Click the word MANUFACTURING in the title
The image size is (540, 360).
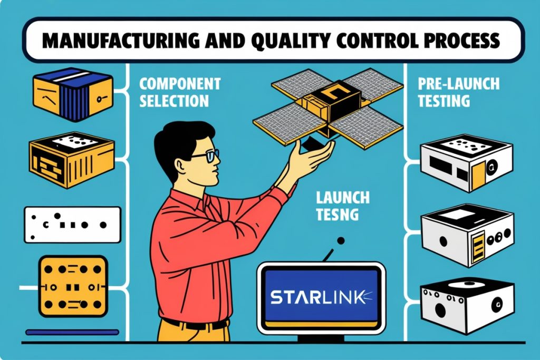point(121,41)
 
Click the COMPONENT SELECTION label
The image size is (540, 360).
point(179,92)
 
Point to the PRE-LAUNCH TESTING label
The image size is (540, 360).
point(458,92)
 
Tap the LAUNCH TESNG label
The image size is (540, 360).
point(343,206)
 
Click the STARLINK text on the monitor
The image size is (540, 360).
point(317,297)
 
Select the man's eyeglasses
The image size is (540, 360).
point(206,156)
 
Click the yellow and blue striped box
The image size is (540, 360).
point(73,94)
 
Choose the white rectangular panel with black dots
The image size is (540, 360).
point(72,225)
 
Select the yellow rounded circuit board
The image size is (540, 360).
point(73,286)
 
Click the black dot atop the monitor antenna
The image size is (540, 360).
point(341,240)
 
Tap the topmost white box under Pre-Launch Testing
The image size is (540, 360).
point(467,162)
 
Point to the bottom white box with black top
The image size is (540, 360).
point(467,306)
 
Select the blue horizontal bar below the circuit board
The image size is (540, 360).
point(72,332)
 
